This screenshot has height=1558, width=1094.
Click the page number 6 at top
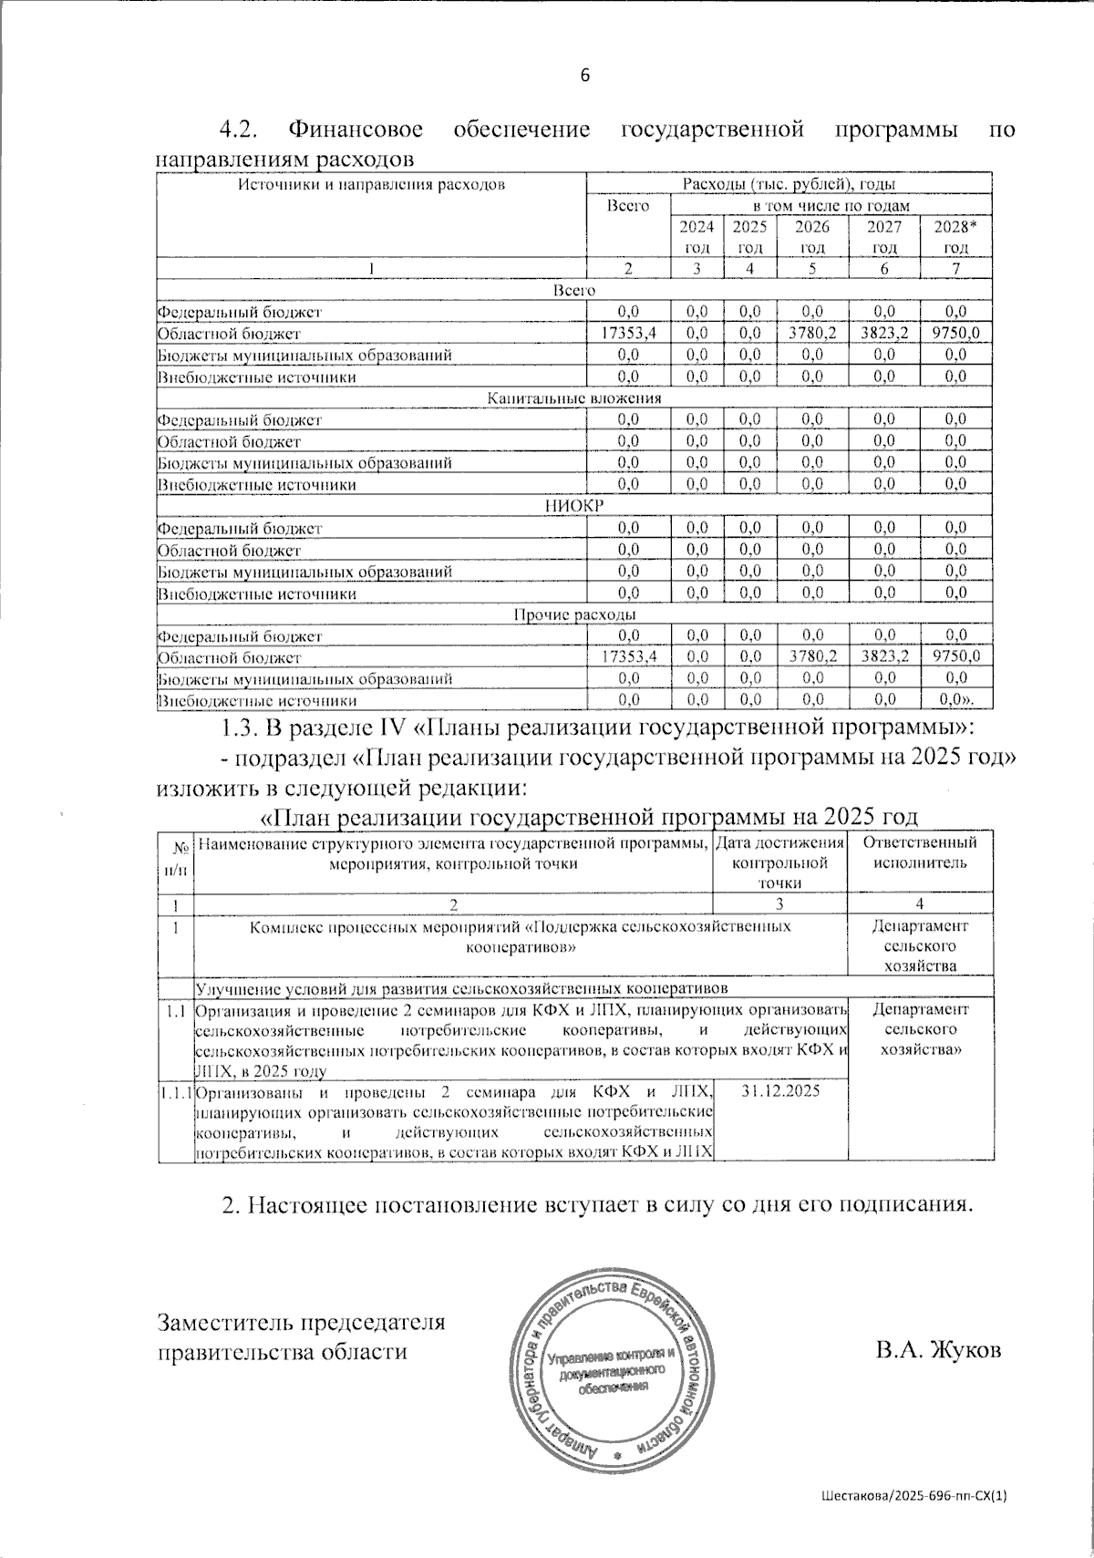[585, 76]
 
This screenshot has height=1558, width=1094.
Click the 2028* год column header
[955, 237]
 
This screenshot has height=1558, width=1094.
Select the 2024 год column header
[697, 237]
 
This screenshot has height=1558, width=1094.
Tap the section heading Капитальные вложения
[573, 398]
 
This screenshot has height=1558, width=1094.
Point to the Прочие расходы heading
[573, 614]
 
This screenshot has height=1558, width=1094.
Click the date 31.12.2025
[780, 1090]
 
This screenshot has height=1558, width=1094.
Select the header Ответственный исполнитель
[920, 852]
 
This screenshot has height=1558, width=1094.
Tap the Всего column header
[628, 207]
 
